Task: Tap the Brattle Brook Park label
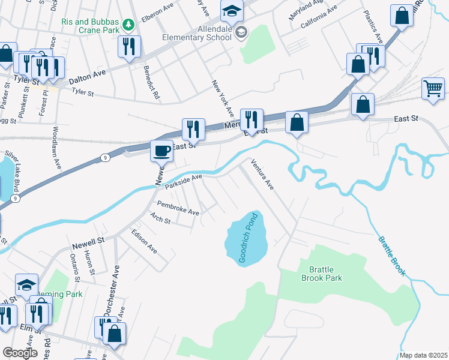[x=321, y=274]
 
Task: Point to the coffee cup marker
[x=161, y=151]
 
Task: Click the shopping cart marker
[x=433, y=89]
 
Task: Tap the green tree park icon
[x=127, y=24]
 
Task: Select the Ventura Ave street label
[x=262, y=174]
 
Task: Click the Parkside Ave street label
[x=184, y=181]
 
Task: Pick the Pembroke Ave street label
[x=178, y=208]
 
